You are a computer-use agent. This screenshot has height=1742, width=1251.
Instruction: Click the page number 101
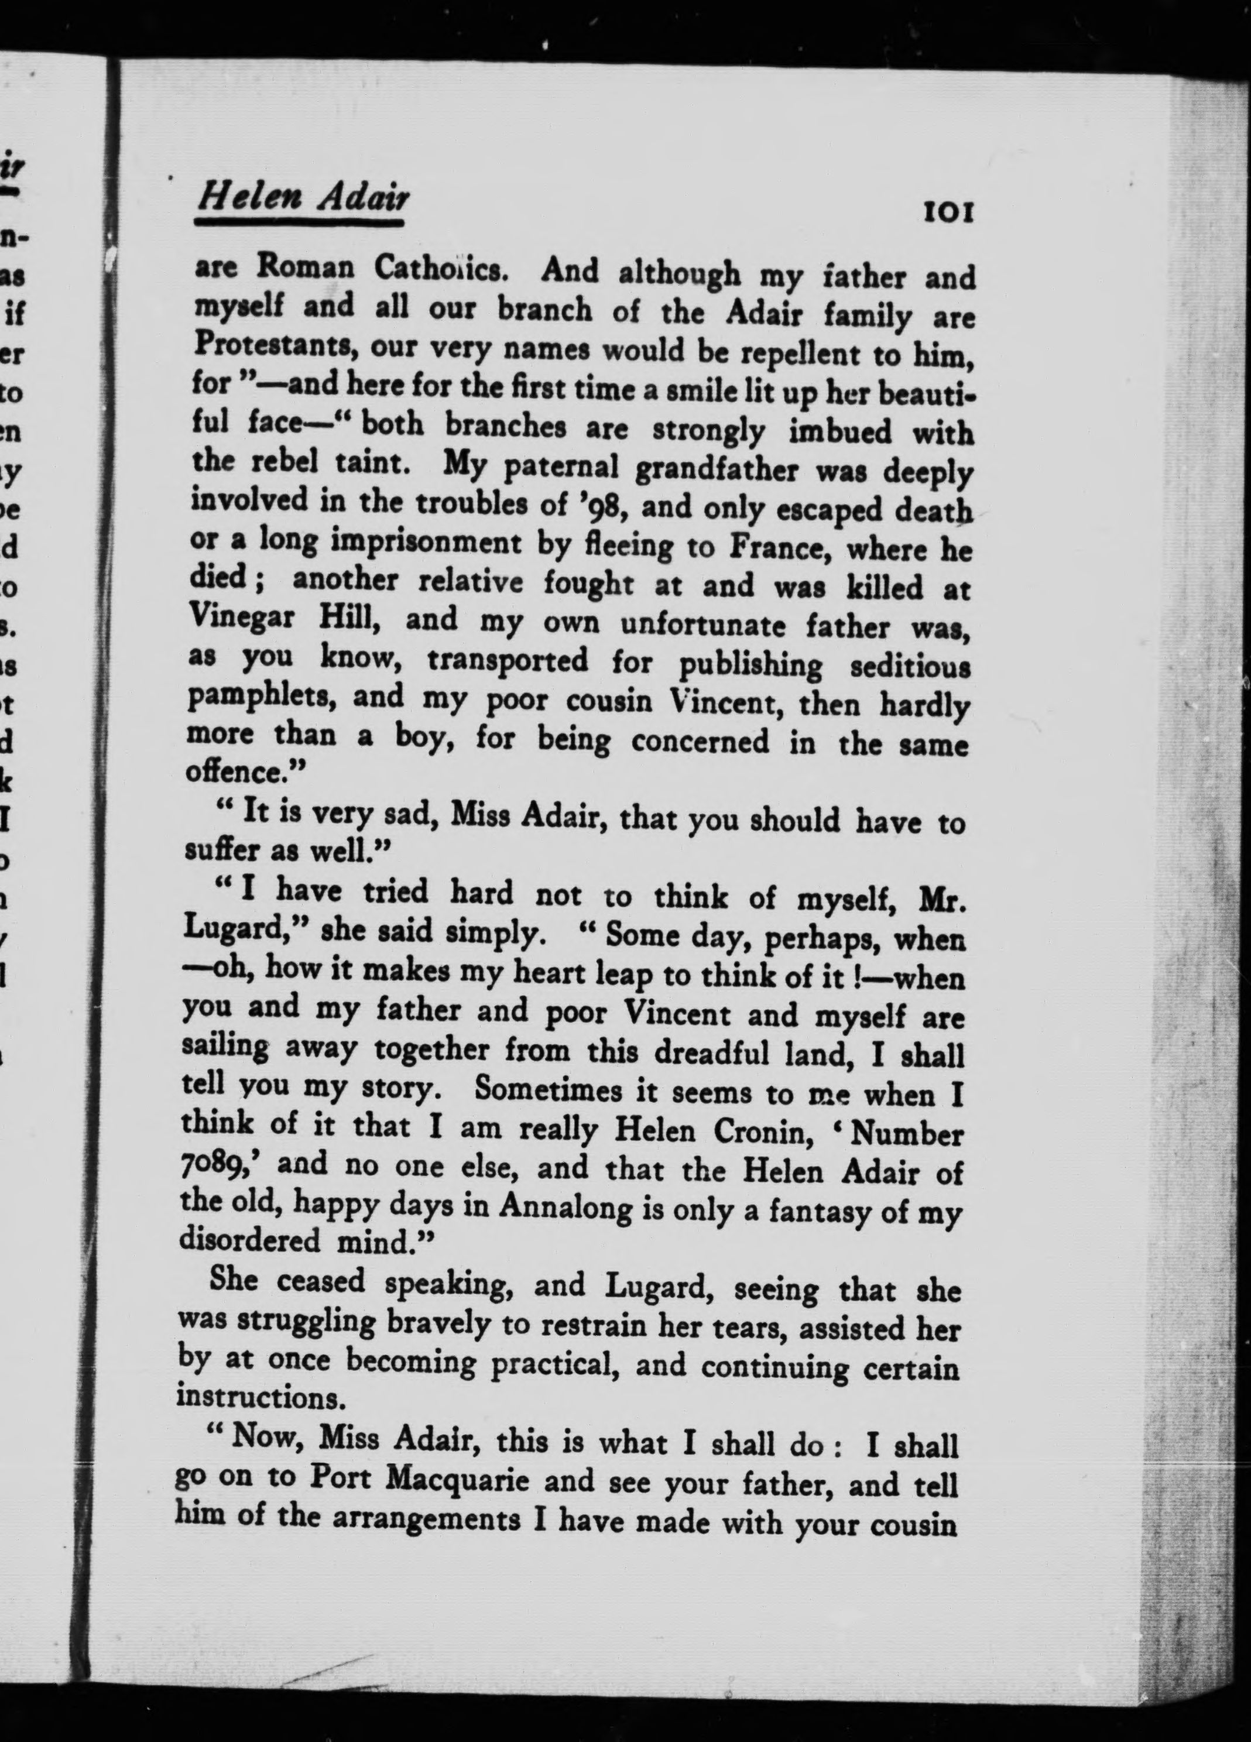point(949,212)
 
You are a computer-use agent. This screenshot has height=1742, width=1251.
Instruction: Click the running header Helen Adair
point(303,199)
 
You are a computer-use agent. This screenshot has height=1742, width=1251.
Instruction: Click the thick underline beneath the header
point(300,224)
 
